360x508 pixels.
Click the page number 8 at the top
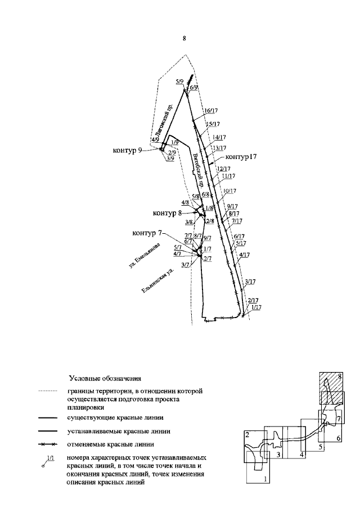click(x=184, y=39)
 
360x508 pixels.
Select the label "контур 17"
click(x=241, y=157)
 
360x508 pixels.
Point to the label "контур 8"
click(x=168, y=214)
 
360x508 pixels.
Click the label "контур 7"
click(x=147, y=233)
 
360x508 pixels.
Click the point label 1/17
click(x=257, y=307)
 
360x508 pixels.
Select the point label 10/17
click(x=229, y=191)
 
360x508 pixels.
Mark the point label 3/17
click(x=250, y=282)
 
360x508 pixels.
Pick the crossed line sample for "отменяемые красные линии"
click(x=50, y=444)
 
